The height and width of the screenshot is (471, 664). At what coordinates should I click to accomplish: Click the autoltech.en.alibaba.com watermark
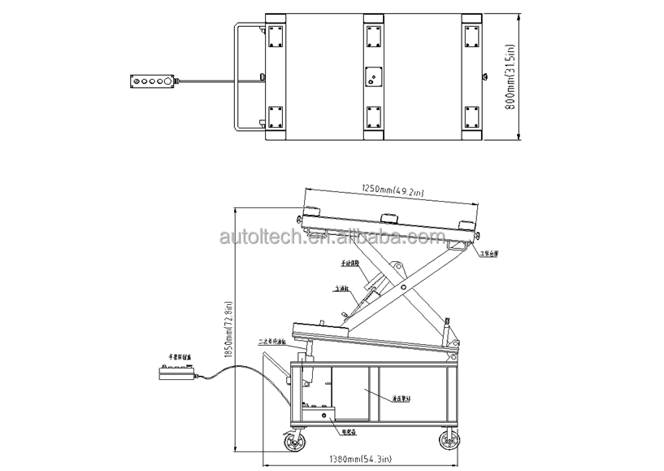[332, 237]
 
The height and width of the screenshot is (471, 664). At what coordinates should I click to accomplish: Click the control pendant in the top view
[151, 81]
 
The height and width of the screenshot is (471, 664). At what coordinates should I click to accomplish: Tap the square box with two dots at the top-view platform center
[373, 76]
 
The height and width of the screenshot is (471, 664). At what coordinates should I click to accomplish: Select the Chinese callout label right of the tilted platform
[489, 254]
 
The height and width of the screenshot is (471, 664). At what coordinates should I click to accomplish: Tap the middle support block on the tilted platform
[388, 217]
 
